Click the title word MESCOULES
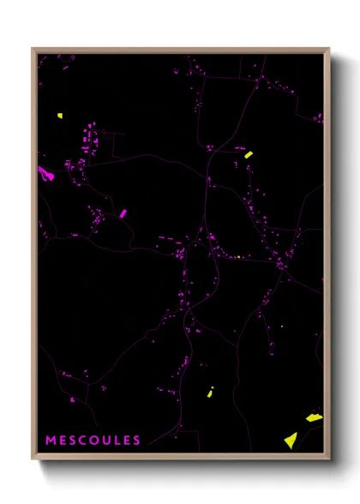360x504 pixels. [x=93, y=441]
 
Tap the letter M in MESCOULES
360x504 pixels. [x=51, y=441]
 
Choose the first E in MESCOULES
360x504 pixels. [x=63, y=441]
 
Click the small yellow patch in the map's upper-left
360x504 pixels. [x=60, y=116]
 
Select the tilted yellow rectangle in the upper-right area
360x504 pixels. [x=249, y=154]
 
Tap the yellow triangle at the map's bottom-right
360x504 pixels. [x=291, y=441]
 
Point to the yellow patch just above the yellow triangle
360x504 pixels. [x=314, y=417]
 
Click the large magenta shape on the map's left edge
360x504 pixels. [x=45, y=173]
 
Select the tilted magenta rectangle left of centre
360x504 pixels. [x=123, y=213]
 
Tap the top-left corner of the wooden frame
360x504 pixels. [x=33, y=49]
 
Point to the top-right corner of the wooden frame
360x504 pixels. [x=328, y=49]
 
